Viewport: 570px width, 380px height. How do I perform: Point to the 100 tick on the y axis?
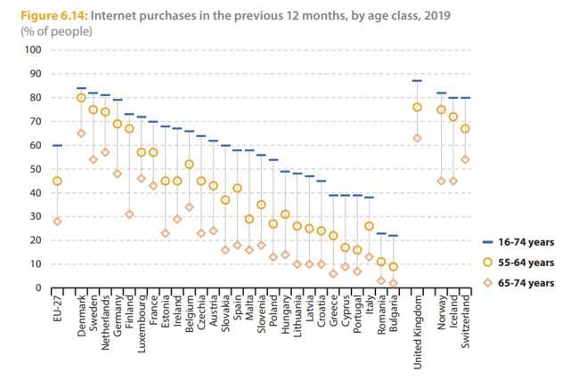tap(34, 49)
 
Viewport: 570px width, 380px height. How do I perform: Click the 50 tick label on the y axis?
tap(37, 169)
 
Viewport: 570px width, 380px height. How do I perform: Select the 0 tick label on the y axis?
tap(39, 288)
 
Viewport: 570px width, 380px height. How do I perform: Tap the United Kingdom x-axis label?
tap(417, 329)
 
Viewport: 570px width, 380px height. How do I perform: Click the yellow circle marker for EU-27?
tap(57, 181)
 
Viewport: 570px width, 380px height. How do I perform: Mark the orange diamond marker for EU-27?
tap(57, 222)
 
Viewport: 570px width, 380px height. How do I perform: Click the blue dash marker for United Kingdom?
tap(416, 80)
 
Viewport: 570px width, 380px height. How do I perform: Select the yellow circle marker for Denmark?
tap(81, 97)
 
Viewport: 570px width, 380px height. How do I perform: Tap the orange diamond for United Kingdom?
tap(416, 138)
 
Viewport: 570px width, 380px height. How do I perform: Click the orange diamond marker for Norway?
tap(441, 181)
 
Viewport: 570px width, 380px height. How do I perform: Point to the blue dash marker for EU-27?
tap(57, 145)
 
